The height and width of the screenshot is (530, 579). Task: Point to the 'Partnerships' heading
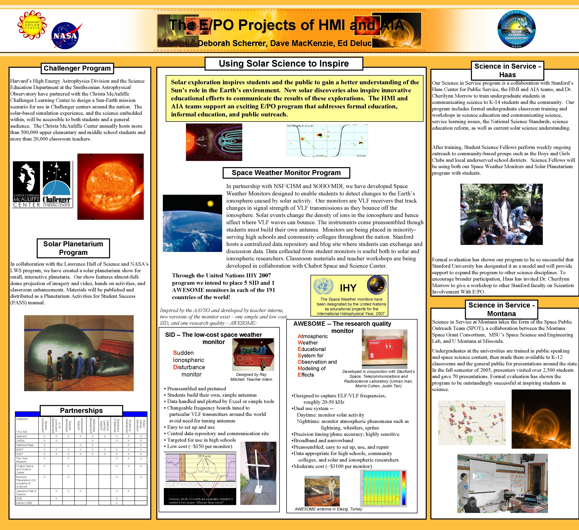tap(81, 410)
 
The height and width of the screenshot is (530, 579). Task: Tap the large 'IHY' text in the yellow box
tap(348, 288)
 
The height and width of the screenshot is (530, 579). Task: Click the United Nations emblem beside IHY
tap(324, 286)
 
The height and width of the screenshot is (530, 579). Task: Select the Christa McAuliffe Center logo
tap(26, 184)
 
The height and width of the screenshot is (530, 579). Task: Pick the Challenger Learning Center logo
tap(57, 184)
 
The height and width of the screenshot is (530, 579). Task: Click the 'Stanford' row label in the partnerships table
tap(22, 436)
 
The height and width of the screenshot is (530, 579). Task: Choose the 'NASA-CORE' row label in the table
tap(24, 503)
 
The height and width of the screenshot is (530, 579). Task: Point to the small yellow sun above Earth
tap(211, 204)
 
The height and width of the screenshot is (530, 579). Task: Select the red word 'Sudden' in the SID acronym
tap(183, 353)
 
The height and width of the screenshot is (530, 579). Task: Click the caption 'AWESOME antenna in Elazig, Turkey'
tap(328, 509)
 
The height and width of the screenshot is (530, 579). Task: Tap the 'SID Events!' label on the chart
tap(204, 456)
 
